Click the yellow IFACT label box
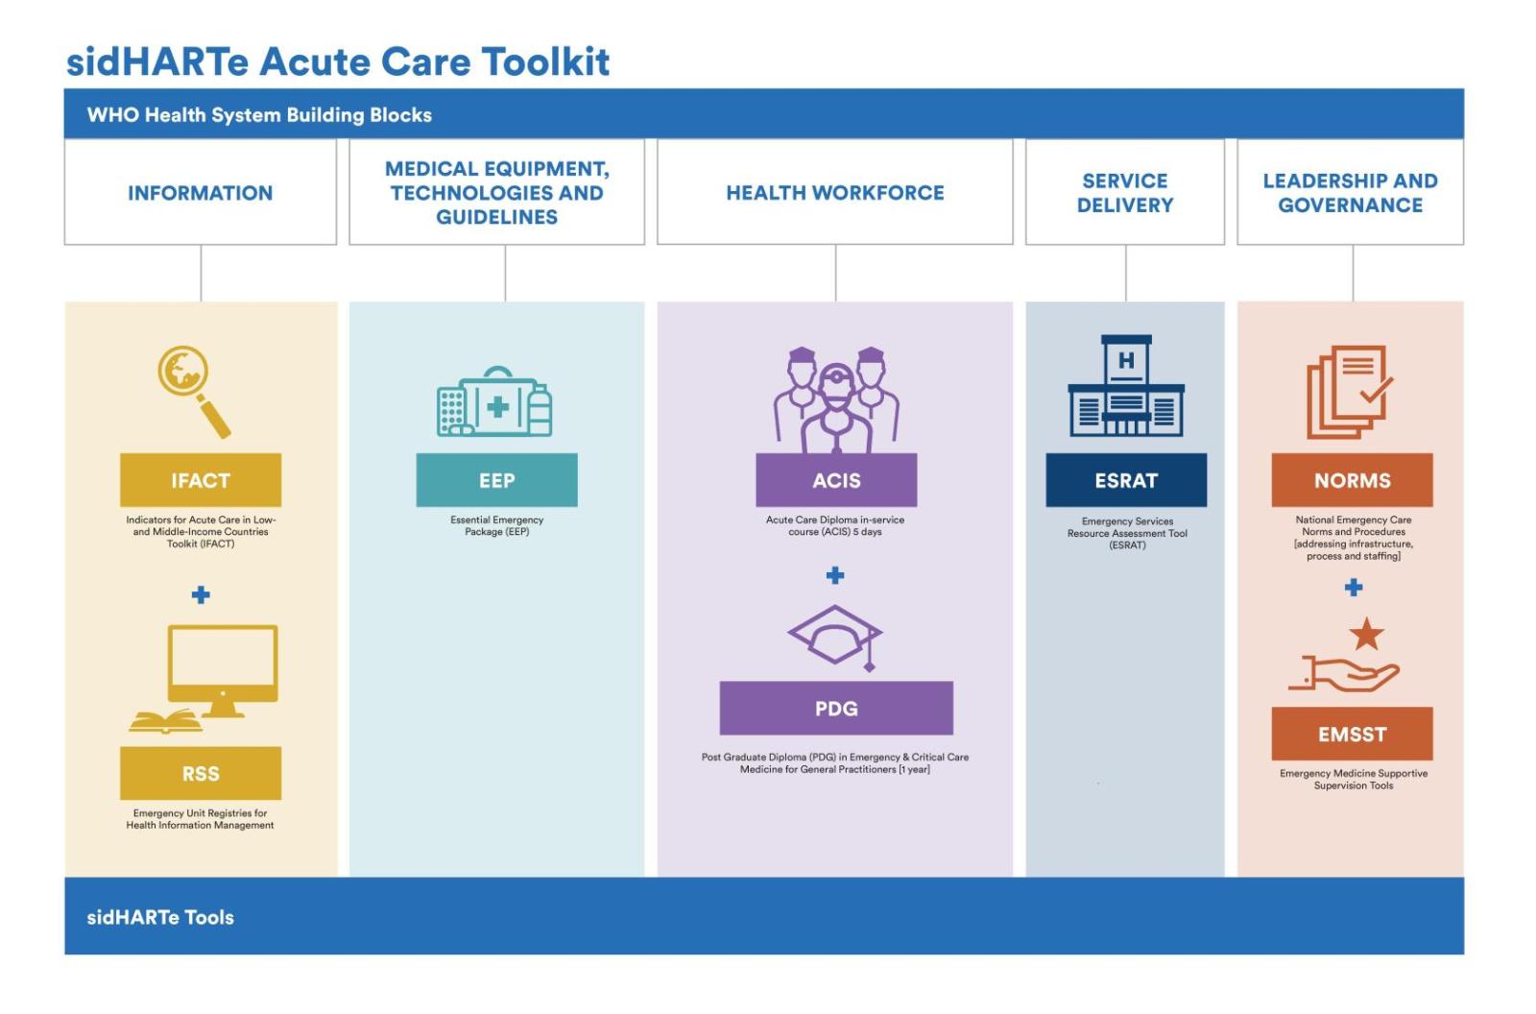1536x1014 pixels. coord(201,480)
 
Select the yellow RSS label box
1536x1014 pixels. coord(201,773)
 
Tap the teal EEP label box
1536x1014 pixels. coord(496,480)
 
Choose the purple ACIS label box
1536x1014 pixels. coord(836,480)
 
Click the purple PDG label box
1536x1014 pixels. coord(836,709)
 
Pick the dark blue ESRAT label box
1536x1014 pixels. coord(1126,480)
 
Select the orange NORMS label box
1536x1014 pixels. coord(1352,480)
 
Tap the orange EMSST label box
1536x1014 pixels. coord(1352,734)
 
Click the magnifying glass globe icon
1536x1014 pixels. coord(193,389)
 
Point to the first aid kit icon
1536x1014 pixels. coord(495,403)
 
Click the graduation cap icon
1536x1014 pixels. coord(835,636)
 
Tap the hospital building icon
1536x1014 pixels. coord(1126,386)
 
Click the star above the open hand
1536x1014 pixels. coord(1366,635)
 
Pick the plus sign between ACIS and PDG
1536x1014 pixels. coord(835,575)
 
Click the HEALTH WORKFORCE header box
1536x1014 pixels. coord(835,192)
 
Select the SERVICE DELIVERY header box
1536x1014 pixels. coord(1125,192)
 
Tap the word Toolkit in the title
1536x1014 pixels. coord(544,61)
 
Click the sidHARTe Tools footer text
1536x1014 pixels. coord(160,917)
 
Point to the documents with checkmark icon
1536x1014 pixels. coord(1349,392)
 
